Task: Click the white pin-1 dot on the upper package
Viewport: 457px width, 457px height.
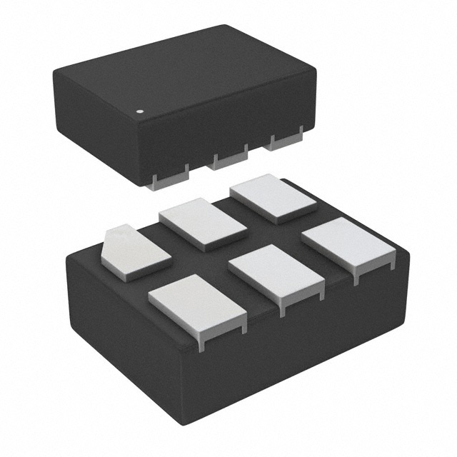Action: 140,112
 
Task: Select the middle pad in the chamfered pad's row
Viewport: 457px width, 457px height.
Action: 202,223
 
